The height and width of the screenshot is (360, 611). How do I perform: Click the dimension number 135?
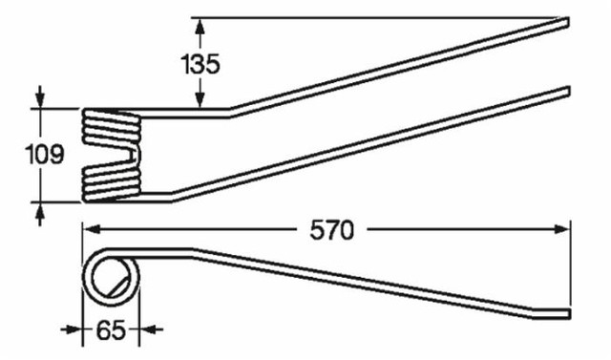200,66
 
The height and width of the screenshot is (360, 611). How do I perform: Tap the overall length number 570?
329,230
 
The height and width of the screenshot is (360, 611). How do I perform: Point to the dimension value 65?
110,332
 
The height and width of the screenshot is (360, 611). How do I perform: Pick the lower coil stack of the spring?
113,182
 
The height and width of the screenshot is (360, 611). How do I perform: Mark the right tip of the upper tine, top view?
567,18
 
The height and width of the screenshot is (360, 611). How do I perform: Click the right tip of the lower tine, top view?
567,93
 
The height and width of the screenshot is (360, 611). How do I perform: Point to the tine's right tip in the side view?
567,313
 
